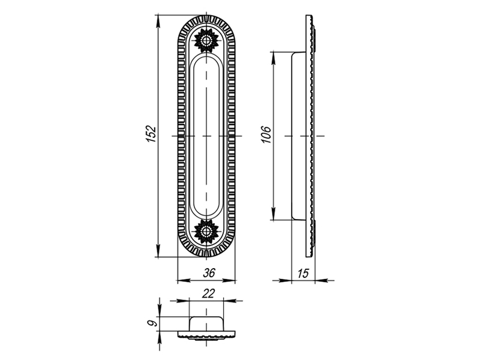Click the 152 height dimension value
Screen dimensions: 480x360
[x=151, y=134]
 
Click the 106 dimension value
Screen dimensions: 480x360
[x=266, y=134]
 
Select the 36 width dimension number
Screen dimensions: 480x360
[x=209, y=273]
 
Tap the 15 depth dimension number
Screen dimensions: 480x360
[x=303, y=273]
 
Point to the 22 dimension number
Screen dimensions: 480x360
[x=208, y=293]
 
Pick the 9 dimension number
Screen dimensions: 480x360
[x=152, y=323]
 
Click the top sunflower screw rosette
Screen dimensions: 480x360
[x=206, y=40]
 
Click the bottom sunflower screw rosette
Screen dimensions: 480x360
[x=206, y=232]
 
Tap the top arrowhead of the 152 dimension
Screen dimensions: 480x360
[x=158, y=22]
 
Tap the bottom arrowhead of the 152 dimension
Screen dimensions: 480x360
[x=158, y=250]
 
